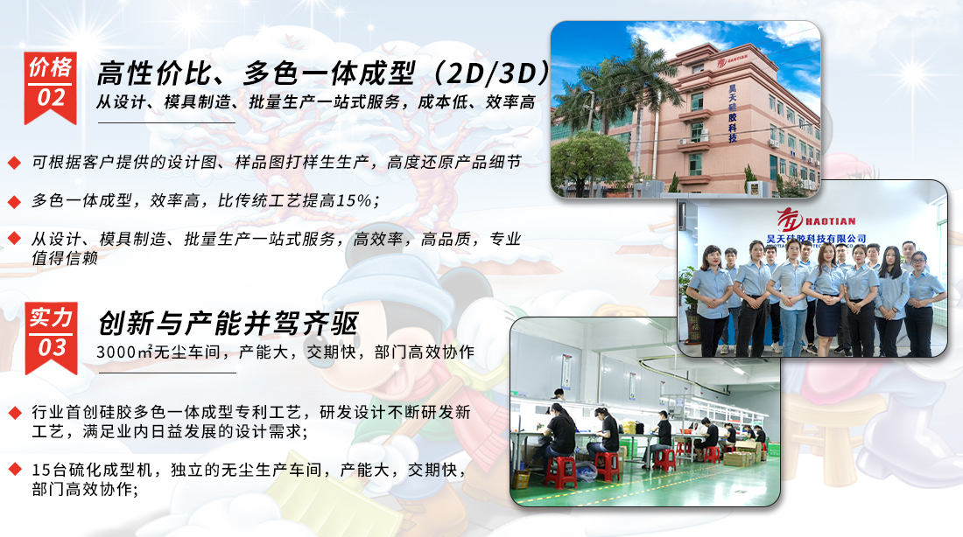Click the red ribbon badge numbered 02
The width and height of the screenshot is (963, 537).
click(51, 87)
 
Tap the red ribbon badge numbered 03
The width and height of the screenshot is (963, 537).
click(51, 338)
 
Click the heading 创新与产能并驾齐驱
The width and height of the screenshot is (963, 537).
click(228, 323)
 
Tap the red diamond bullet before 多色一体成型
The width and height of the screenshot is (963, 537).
click(15, 201)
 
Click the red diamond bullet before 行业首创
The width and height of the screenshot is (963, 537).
click(15, 413)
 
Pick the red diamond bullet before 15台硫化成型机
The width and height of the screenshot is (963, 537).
click(15, 471)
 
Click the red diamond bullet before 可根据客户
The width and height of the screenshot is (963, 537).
click(15, 163)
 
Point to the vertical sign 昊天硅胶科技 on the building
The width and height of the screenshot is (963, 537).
click(732, 114)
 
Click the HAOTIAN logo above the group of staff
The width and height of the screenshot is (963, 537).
click(816, 220)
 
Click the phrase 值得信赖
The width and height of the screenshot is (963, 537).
click(65, 258)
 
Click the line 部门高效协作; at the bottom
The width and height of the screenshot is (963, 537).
click(85, 489)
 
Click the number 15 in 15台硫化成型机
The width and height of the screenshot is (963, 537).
click(42, 471)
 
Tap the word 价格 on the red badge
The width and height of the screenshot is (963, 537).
click(51, 67)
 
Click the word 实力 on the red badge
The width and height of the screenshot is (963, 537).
click(51, 317)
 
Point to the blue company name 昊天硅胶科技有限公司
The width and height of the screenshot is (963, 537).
click(816, 238)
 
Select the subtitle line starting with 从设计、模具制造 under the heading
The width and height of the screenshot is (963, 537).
click(316, 101)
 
